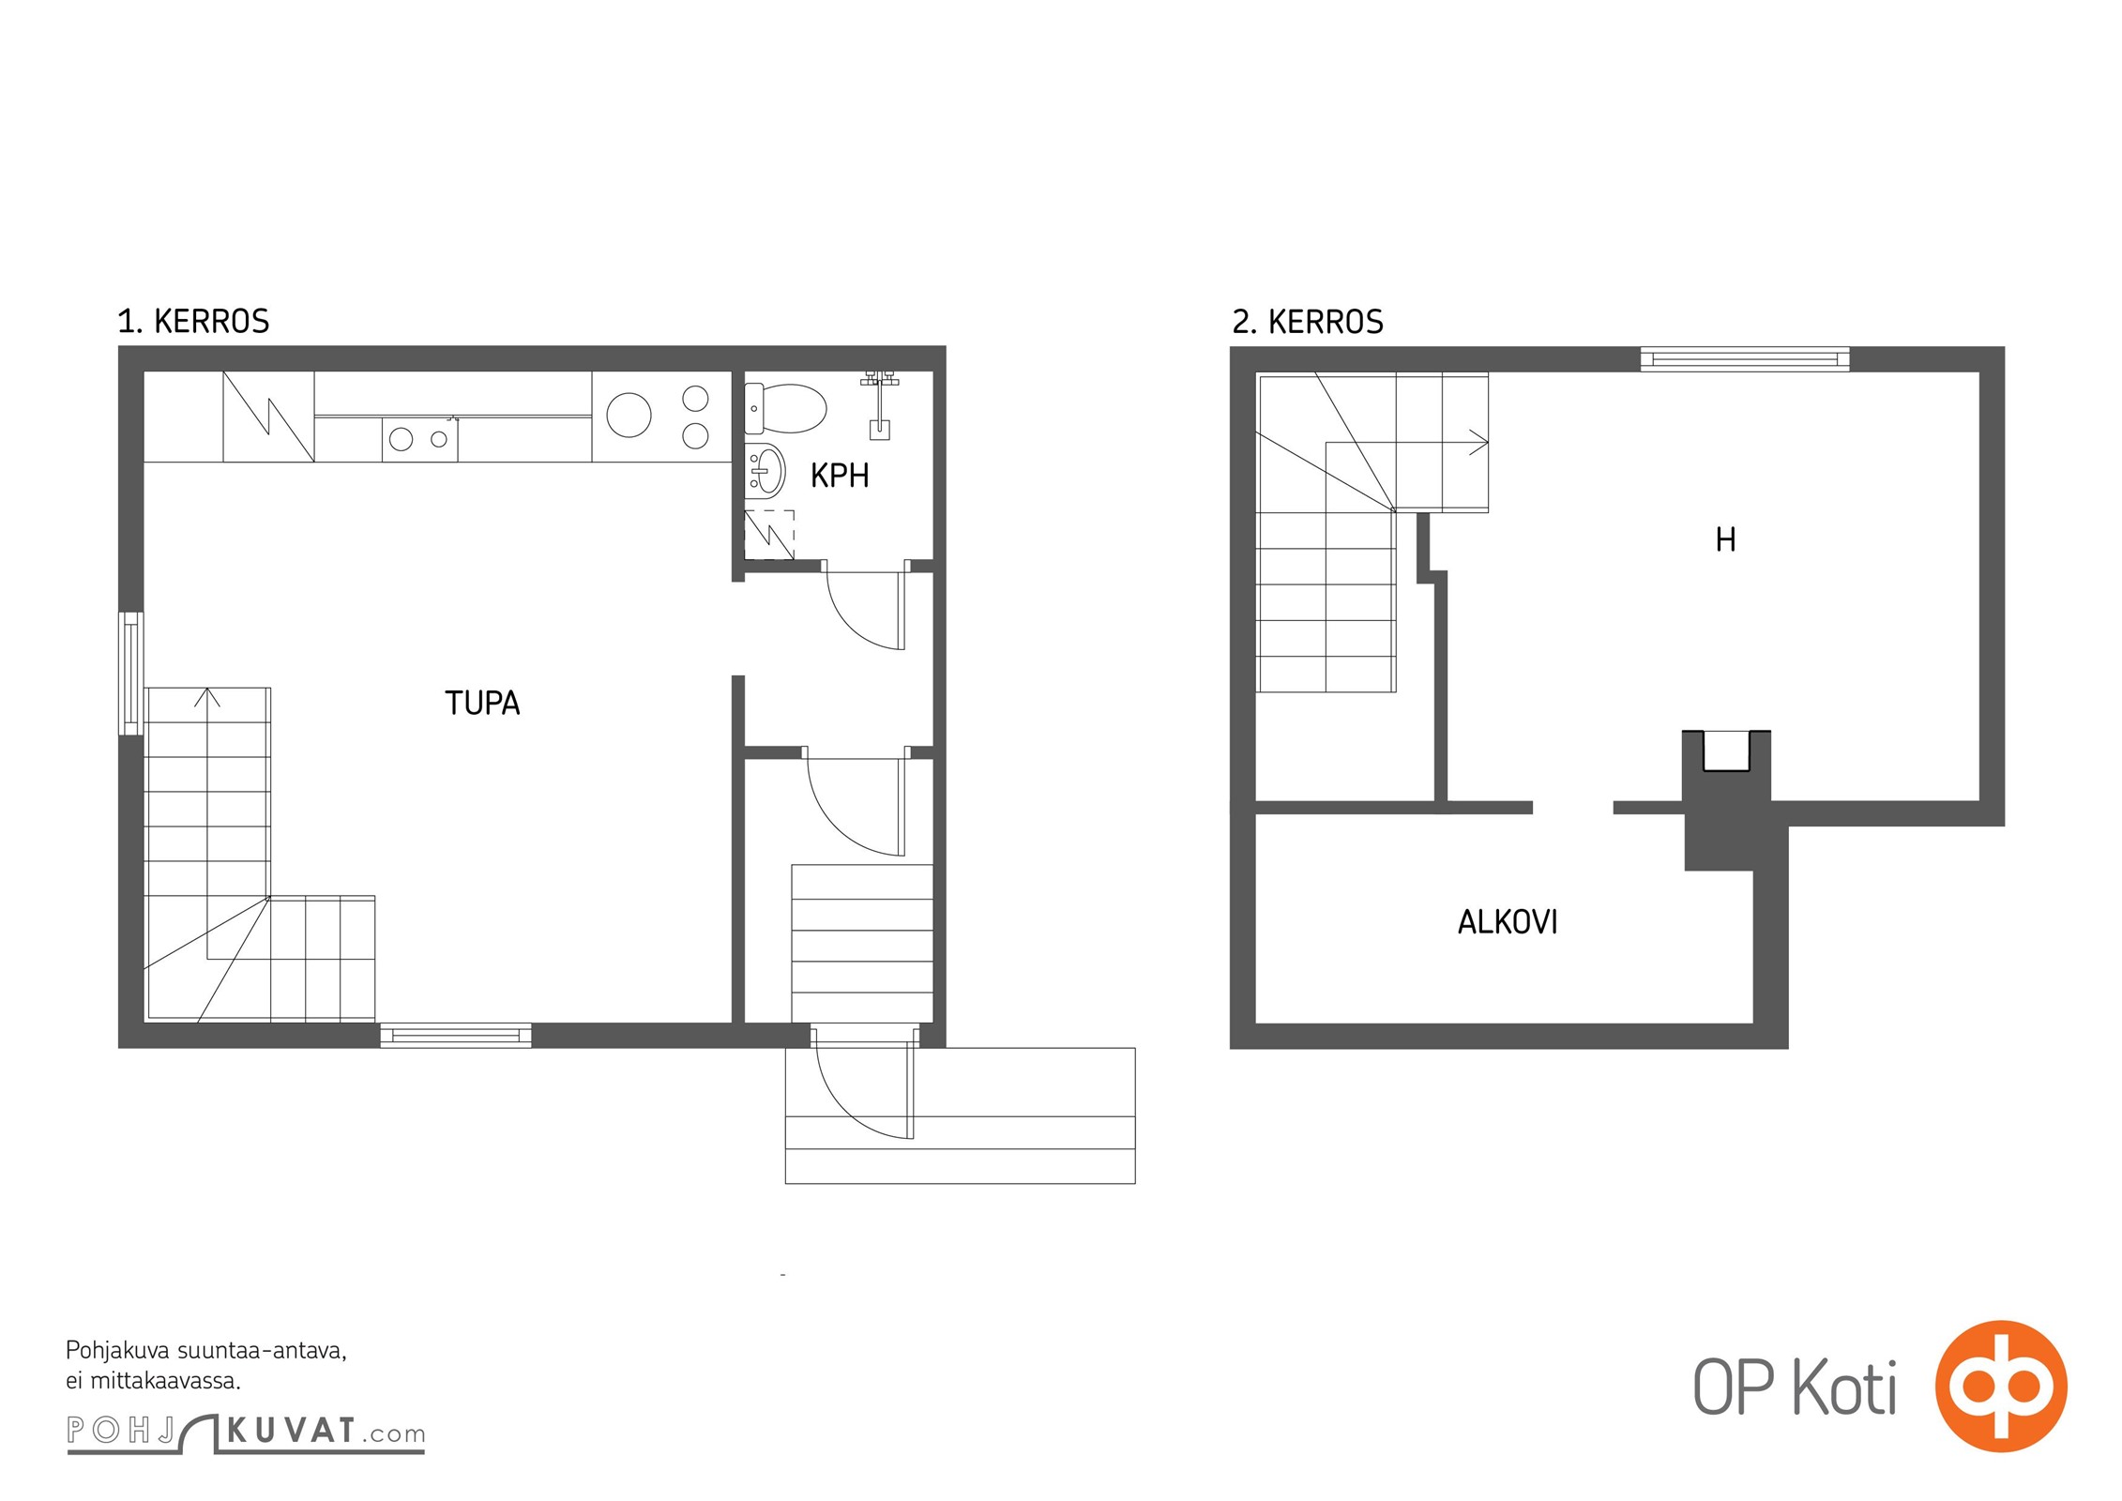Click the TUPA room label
coord(482,703)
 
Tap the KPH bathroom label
coord(840,476)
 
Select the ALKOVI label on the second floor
coord(1508,922)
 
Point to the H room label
coord(1725,539)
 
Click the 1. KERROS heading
coord(193,321)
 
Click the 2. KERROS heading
coord(1308,322)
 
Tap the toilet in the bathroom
coord(785,408)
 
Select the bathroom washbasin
coord(765,469)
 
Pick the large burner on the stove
coord(629,415)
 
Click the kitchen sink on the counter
coord(419,439)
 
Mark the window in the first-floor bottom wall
coord(456,1036)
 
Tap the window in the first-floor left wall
coord(131,673)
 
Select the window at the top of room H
coord(1745,358)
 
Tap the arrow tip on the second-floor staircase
coord(1487,443)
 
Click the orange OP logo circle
coord(2001,1386)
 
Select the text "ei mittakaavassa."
coord(153,1381)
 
